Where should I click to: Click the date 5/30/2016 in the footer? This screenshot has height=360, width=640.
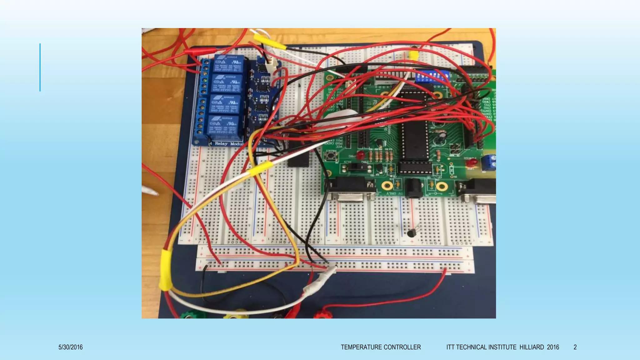70,347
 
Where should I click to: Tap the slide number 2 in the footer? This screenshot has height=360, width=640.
575,347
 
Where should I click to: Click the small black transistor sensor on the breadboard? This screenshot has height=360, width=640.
412,232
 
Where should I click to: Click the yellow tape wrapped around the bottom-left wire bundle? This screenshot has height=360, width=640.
166,270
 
